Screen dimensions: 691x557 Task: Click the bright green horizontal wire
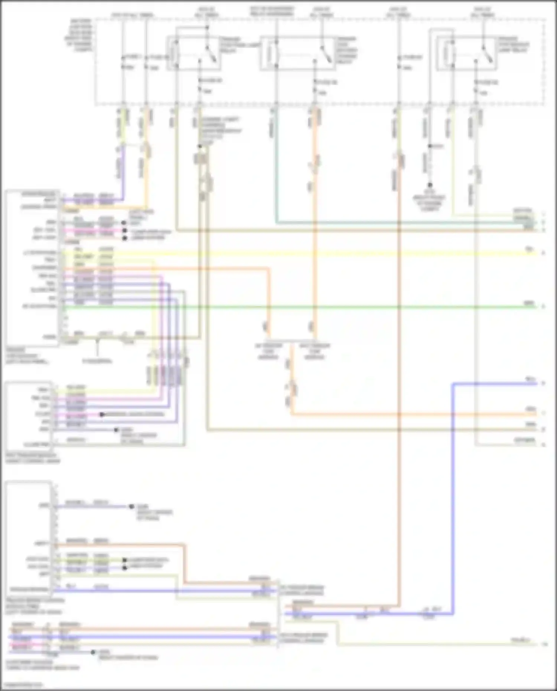click(297, 307)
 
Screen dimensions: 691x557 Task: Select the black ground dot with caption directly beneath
click(430, 185)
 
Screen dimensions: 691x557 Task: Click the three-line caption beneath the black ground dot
click(429, 203)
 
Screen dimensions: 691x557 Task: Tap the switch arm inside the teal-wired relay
click(325, 54)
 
